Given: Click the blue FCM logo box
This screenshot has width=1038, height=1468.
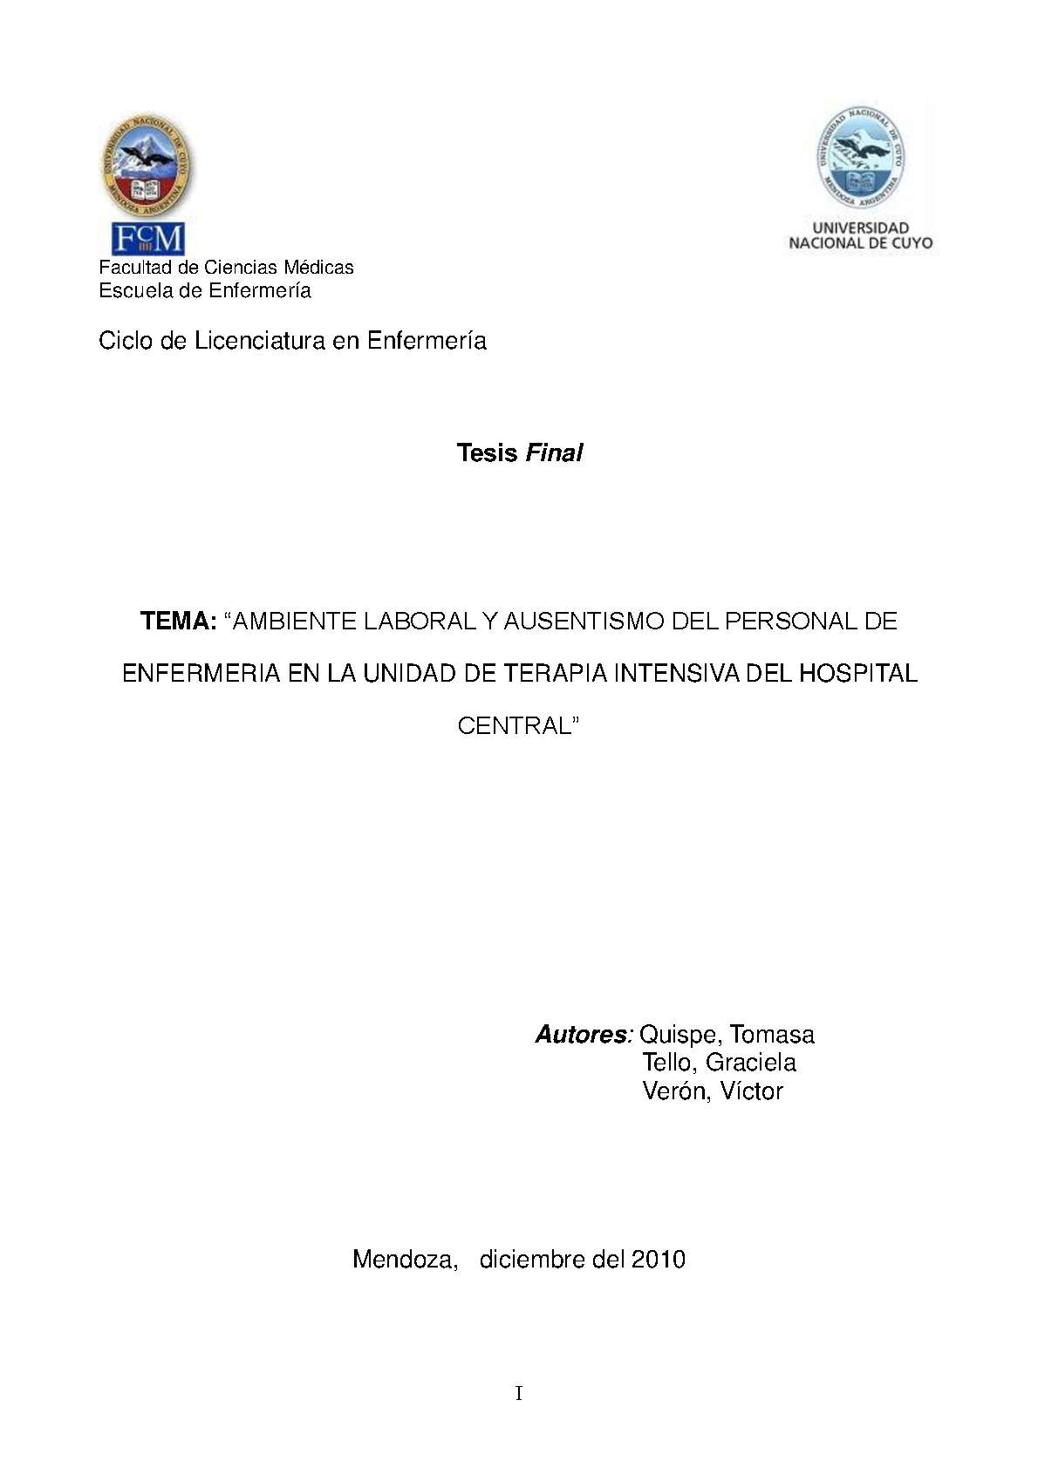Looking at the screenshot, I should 147,239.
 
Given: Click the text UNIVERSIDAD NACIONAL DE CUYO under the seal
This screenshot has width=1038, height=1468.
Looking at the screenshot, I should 860,236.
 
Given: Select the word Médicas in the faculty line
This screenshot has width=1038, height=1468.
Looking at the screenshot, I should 318,268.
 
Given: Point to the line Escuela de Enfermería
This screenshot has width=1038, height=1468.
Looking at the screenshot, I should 204,291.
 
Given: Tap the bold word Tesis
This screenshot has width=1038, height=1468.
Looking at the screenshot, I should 487,453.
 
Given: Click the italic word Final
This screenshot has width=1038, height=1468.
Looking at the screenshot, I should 553,453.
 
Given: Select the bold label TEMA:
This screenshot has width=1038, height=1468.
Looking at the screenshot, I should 179,622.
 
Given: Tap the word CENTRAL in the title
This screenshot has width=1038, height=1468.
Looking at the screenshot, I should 515,726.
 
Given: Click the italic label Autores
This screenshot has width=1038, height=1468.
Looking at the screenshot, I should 582,1035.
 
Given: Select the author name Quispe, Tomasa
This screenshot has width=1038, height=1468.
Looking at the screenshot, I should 727,1035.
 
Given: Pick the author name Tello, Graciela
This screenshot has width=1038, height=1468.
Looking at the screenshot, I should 719,1063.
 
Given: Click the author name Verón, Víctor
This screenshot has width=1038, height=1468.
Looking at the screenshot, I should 713,1091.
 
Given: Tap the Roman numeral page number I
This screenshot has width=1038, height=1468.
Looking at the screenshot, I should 519,1394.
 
